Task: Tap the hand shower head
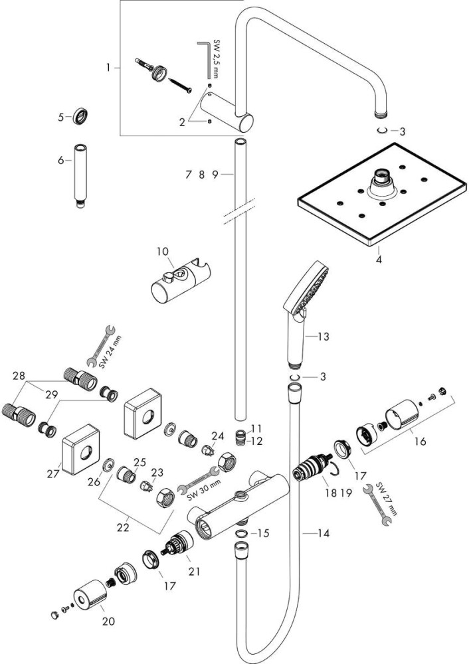pyautogui.click(x=308, y=289)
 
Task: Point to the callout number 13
pyautogui.click(x=323, y=337)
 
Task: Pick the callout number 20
pyautogui.click(x=108, y=621)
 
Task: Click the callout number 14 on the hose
pyautogui.click(x=322, y=533)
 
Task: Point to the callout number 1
pyautogui.click(x=108, y=67)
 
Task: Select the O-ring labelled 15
pyautogui.click(x=242, y=532)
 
